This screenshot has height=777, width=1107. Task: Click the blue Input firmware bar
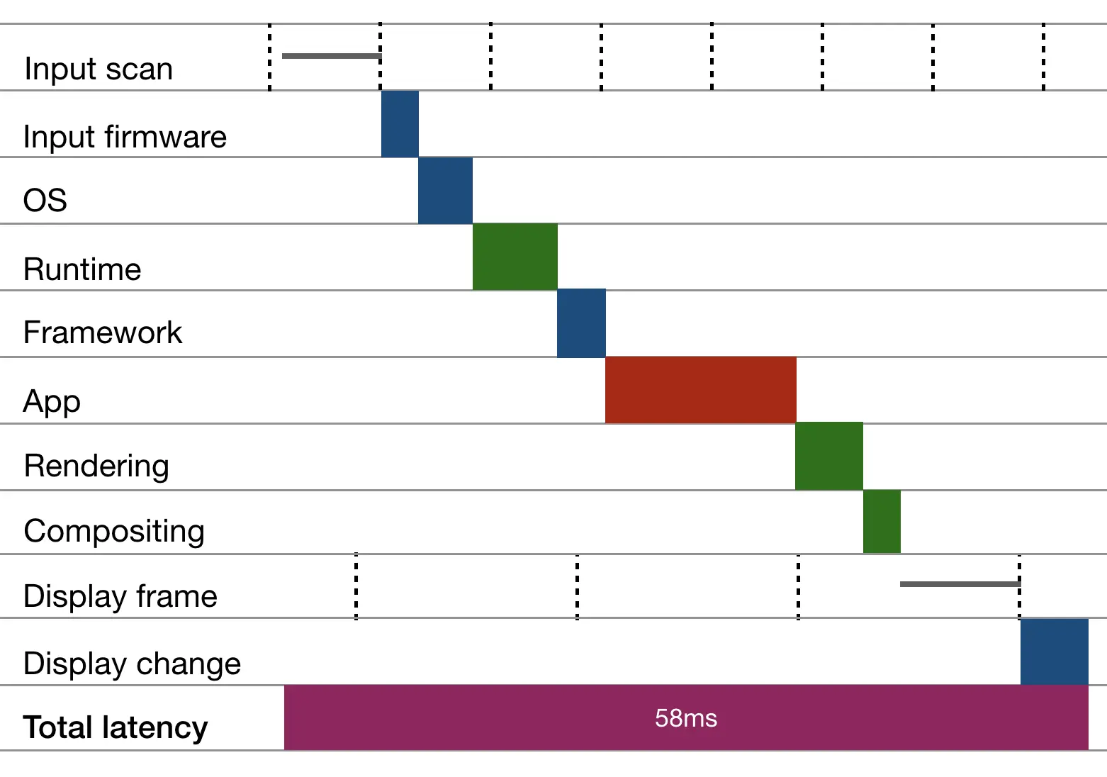[400, 124]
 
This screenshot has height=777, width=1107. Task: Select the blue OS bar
[445, 191]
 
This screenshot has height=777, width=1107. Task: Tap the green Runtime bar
[515, 257]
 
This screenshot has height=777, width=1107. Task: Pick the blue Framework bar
[581, 323]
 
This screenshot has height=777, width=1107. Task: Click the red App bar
[700, 390]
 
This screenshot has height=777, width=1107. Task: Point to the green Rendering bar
[828, 457]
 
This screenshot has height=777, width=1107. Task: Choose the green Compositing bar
[882, 522]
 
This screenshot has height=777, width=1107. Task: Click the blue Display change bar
[1054, 652]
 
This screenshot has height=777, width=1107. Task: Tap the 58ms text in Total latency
[685, 718]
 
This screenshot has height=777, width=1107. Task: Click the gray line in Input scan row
[331, 55]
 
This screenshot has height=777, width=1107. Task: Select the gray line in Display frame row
[960, 584]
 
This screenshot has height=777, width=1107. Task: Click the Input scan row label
[99, 69]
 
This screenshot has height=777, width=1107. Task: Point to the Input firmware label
[125, 136]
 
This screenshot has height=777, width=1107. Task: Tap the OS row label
[45, 200]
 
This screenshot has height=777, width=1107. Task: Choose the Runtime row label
[82, 269]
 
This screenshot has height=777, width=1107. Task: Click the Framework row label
[103, 332]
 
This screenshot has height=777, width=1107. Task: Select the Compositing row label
[114, 531]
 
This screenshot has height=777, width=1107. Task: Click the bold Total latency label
[116, 727]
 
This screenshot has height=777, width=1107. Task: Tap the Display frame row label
[120, 596]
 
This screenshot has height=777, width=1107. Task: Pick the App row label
[52, 401]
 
